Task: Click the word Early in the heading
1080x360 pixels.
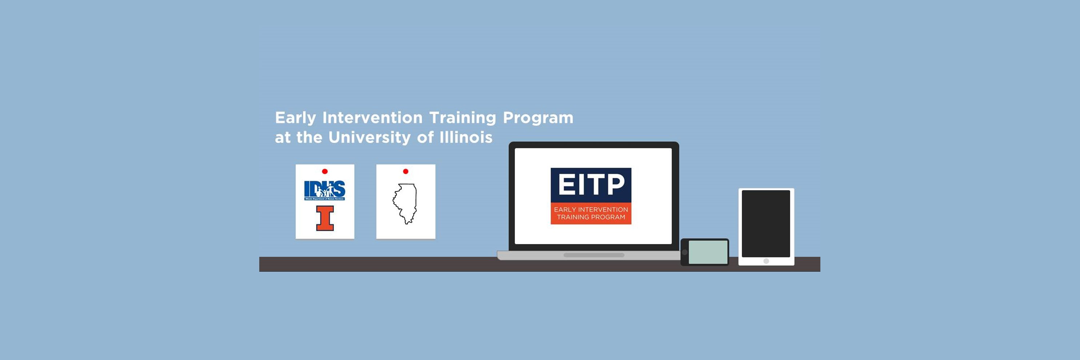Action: [x=295, y=118]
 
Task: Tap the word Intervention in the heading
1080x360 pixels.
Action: [x=372, y=118]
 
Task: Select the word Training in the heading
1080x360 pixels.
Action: [x=463, y=118]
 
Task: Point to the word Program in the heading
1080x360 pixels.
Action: [x=538, y=118]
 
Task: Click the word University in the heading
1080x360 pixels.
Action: [x=369, y=137]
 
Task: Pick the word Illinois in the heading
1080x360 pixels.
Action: [x=466, y=137]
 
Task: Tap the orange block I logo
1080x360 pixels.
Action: [x=325, y=218]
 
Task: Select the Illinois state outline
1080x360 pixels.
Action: [x=405, y=203]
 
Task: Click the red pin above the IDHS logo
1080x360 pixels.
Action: [x=324, y=171]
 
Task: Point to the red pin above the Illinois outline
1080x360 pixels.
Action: [x=405, y=171]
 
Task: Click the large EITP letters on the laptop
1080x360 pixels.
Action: [x=591, y=185]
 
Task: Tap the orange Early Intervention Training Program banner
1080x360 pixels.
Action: [x=591, y=213]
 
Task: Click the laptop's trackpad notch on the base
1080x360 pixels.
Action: [x=594, y=255]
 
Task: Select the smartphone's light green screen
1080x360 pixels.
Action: [x=708, y=252]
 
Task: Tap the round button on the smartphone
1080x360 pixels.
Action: [x=685, y=252]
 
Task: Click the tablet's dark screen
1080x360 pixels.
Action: [x=765, y=223]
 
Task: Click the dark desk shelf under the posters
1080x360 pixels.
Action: [x=369, y=264]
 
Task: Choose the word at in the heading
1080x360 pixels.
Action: [x=282, y=137]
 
